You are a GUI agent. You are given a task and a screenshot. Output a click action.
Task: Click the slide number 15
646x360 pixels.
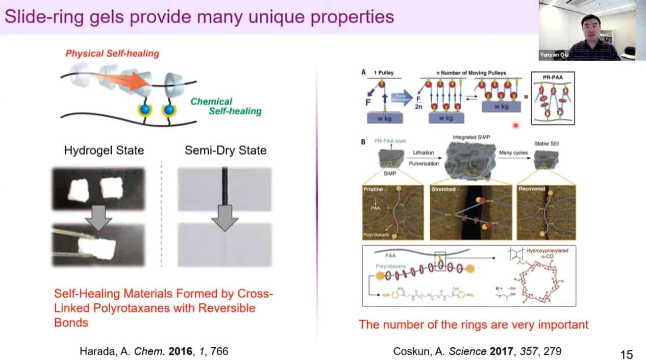[x=626, y=354]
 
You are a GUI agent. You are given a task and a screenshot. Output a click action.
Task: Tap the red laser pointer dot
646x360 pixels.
[x=515, y=125]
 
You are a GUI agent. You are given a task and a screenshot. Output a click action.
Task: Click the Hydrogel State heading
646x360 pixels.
[x=104, y=150]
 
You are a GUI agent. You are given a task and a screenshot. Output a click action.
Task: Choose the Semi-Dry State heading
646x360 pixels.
[x=225, y=150]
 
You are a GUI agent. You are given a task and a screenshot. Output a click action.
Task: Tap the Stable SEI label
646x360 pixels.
[x=546, y=144]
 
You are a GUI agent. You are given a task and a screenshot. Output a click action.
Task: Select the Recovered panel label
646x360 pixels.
[x=532, y=189]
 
